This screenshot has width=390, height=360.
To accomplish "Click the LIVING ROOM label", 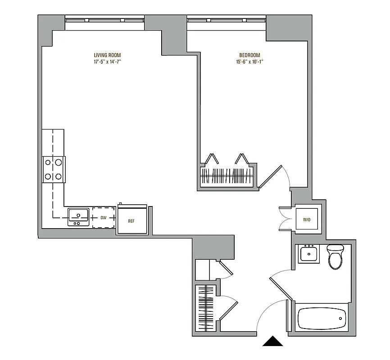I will (107, 55).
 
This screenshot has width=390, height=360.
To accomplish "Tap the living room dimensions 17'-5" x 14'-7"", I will (107, 62).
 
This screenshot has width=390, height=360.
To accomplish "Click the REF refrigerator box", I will (132, 220).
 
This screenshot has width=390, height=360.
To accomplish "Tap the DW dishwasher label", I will (104, 218).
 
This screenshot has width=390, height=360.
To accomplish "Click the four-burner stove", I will (54, 170).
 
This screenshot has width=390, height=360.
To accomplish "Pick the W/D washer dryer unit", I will (307, 219).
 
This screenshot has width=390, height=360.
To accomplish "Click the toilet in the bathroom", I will (335, 257).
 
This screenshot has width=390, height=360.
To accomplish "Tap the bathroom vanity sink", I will (309, 254).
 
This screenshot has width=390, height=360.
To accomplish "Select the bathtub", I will (322, 318).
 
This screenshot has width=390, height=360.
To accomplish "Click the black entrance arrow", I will (273, 342).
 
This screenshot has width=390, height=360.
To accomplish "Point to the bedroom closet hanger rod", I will (228, 175).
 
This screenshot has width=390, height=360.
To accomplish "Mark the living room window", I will (105, 20).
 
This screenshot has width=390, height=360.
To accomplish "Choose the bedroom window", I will (227, 20).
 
